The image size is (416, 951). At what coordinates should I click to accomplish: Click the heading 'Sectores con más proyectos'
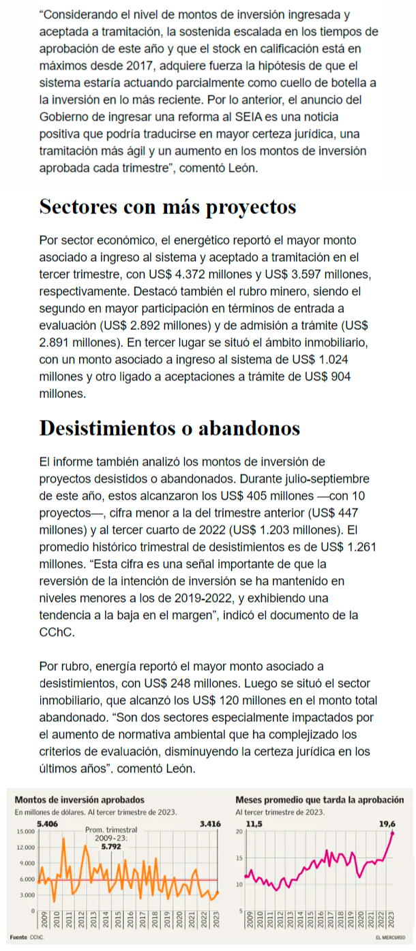point(168,207)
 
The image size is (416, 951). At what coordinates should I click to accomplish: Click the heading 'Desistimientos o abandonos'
point(170,428)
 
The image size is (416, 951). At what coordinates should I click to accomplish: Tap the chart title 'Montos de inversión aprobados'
point(79,800)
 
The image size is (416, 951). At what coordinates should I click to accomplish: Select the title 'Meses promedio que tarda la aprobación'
point(323,800)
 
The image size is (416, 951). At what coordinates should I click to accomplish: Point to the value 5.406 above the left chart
point(47,824)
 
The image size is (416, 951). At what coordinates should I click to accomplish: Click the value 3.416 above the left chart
point(209,824)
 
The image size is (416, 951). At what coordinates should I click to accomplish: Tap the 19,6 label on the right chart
point(387,824)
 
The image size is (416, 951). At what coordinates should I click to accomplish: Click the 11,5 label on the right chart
point(254,824)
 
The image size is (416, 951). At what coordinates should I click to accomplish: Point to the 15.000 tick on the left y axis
point(25,832)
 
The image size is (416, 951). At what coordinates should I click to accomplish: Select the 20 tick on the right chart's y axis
point(239,832)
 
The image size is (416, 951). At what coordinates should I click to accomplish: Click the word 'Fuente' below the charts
point(18,937)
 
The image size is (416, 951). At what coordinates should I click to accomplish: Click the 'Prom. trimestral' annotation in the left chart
point(111,830)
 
